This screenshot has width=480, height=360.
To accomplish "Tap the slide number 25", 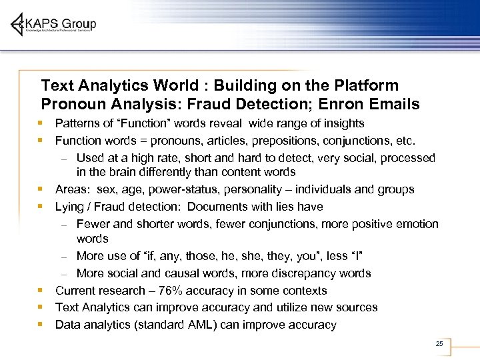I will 439,343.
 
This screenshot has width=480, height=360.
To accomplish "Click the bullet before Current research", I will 41,291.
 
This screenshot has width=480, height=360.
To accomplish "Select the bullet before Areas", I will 41,189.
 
